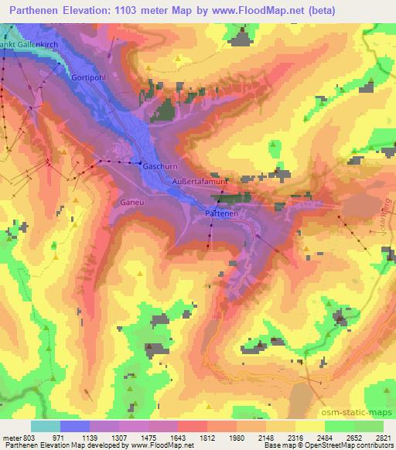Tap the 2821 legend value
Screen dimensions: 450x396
[x=383, y=438]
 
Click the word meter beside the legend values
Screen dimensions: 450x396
[x=12, y=438]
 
